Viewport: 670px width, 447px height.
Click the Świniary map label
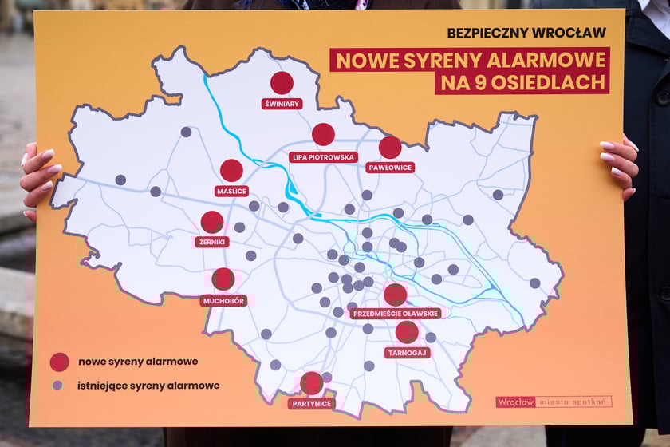click(x=282, y=104)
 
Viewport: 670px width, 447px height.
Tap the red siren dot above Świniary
click(x=282, y=83)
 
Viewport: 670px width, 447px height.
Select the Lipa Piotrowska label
click(x=323, y=156)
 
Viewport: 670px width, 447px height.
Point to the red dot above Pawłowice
click(x=390, y=147)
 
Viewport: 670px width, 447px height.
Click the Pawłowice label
click(x=390, y=168)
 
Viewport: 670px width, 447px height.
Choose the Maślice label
click(x=232, y=191)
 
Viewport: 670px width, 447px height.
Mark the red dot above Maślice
click(x=231, y=170)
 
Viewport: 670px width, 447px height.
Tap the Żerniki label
click(x=212, y=241)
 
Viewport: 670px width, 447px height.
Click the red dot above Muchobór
click(x=223, y=279)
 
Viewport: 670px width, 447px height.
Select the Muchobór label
click(x=224, y=301)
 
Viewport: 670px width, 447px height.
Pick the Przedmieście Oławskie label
click(x=396, y=314)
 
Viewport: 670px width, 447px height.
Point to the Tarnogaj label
click(x=407, y=352)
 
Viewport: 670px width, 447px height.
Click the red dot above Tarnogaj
click(x=407, y=332)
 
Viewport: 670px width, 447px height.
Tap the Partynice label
click(x=311, y=404)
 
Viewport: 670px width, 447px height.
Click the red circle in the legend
click(x=59, y=362)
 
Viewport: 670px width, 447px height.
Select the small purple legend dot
click(x=57, y=385)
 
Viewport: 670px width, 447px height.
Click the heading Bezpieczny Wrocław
click(x=527, y=33)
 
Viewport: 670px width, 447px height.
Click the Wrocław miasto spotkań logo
click(x=554, y=402)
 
